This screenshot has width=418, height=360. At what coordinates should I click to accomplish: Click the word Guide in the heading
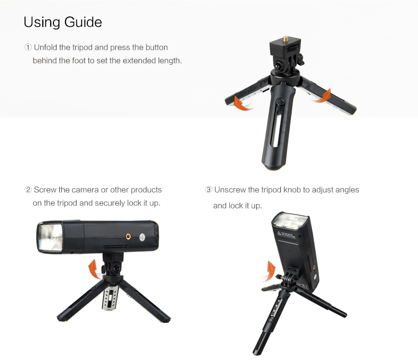tap(83, 22)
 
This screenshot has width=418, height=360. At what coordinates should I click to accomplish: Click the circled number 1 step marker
tap(28, 48)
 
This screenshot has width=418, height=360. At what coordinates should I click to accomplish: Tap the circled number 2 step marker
tap(28, 190)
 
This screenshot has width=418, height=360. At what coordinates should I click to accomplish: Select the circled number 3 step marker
tap(208, 190)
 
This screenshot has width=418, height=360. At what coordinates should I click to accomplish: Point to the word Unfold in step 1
tap(46, 48)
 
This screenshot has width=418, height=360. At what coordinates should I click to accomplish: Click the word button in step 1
tap(157, 48)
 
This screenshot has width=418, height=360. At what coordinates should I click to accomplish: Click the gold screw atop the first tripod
tap(286, 39)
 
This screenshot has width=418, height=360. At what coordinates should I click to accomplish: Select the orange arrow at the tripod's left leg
tap(242, 103)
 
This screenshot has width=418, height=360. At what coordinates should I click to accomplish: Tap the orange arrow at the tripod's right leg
tap(323, 96)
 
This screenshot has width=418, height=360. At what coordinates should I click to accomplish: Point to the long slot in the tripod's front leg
tap(276, 130)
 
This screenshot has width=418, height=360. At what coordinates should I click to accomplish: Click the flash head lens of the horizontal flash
tap(50, 237)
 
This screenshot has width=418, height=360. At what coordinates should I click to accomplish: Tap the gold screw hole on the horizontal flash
tap(128, 236)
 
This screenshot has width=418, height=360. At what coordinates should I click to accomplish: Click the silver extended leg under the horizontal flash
tap(110, 298)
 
